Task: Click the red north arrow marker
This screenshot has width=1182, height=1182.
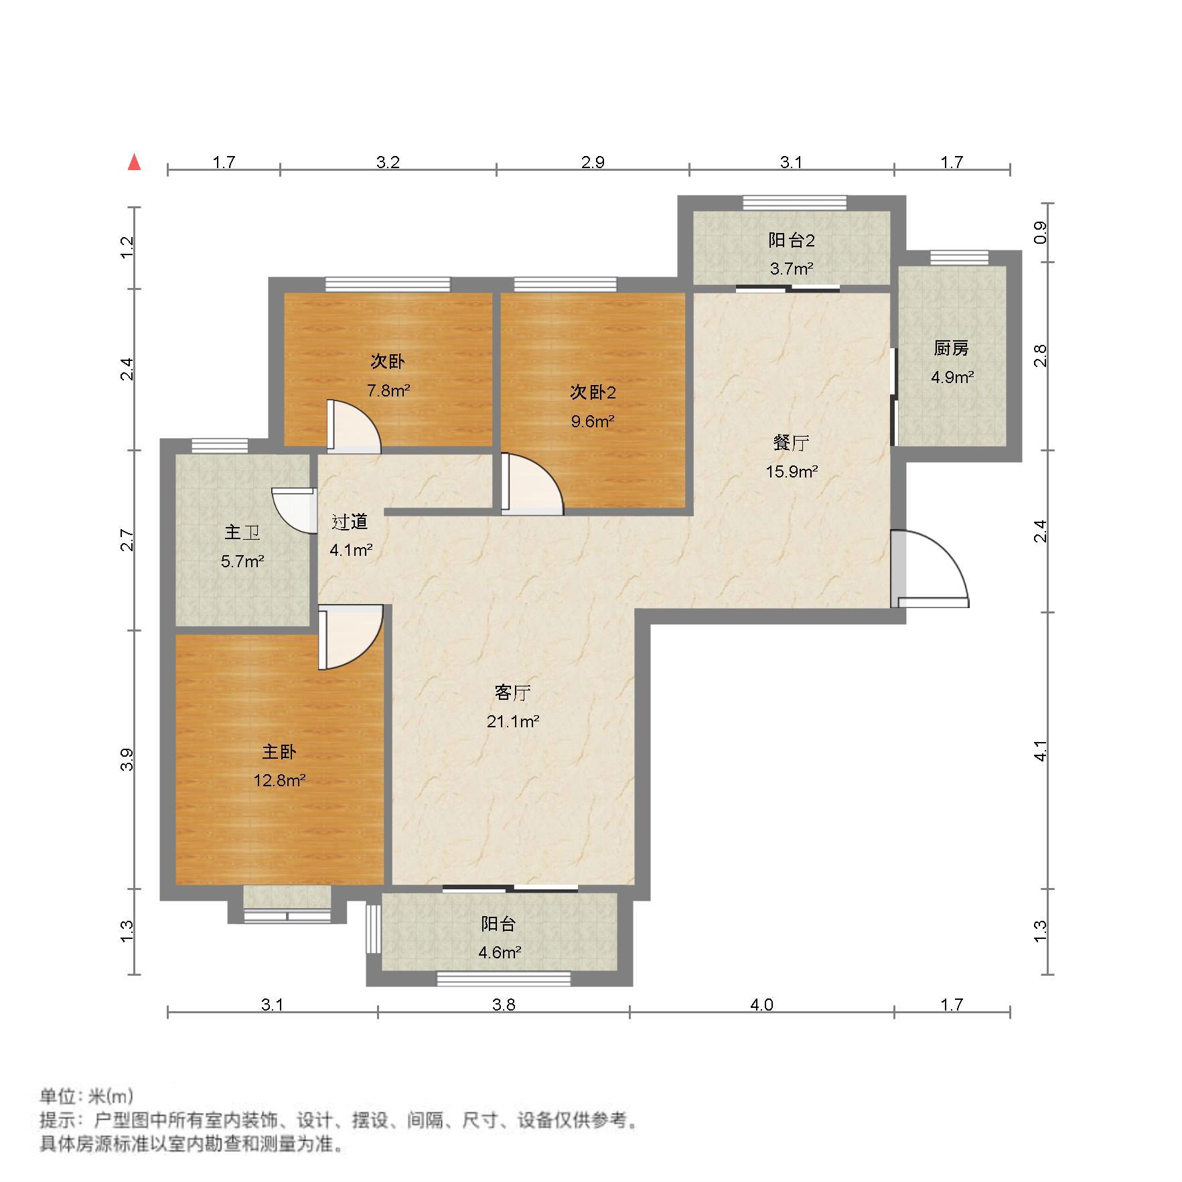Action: (x=135, y=162)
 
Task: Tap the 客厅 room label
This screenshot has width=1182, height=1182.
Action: (x=512, y=693)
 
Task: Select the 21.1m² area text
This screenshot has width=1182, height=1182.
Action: (x=512, y=721)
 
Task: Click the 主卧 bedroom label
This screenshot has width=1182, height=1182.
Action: (x=279, y=751)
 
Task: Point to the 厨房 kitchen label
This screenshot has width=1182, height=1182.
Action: (x=951, y=348)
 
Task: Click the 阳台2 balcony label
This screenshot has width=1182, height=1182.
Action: (x=791, y=240)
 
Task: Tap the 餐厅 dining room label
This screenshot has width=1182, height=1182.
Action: (x=791, y=443)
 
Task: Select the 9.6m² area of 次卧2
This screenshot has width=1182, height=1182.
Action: (x=592, y=421)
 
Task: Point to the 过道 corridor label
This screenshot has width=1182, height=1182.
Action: (x=350, y=522)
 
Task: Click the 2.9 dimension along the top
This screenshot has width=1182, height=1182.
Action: (x=593, y=162)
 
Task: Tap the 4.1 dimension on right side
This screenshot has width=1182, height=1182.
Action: (x=1040, y=751)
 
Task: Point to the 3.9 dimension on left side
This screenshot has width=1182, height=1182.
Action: (x=127, y=759)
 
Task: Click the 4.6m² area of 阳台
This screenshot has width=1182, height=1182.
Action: (x=499, y=952)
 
